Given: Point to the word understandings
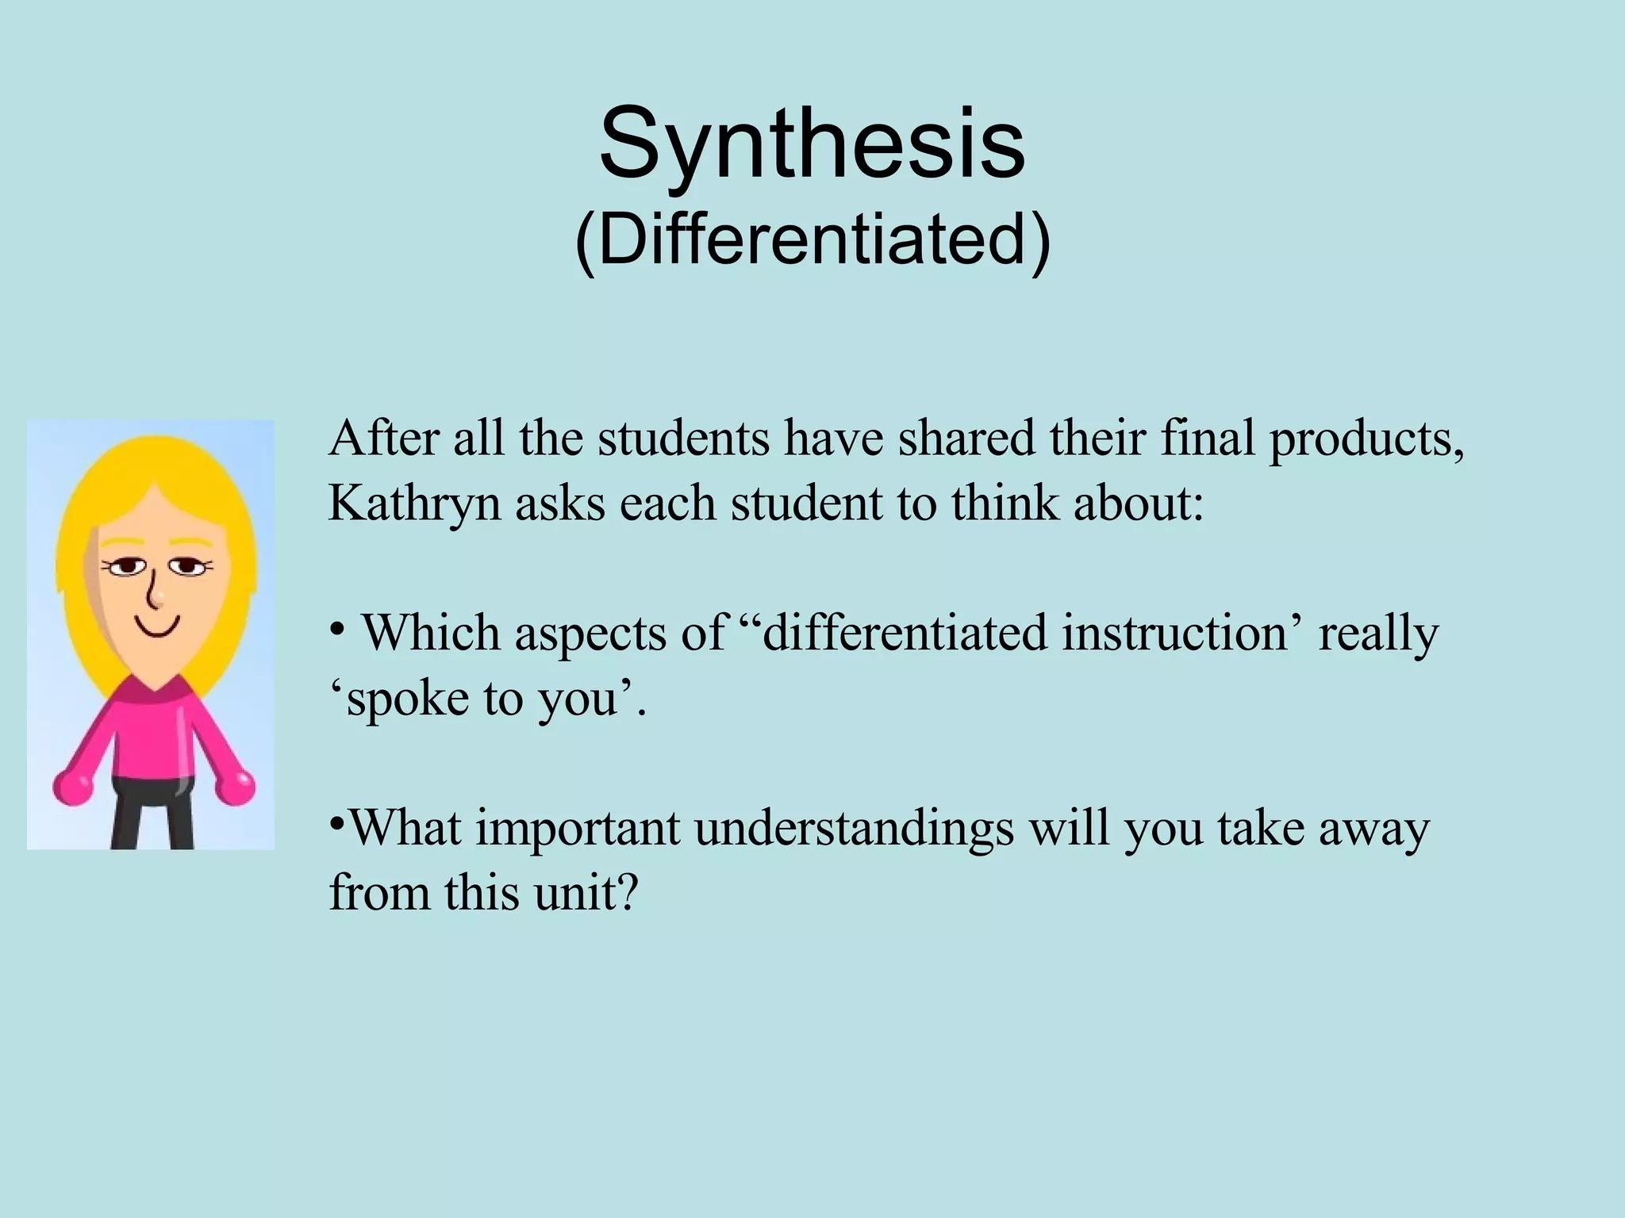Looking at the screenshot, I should coord(854,829).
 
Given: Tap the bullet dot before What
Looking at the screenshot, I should coord(336,822).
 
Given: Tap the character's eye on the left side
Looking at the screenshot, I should coord(127,566).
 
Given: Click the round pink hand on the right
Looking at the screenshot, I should coord(236,785).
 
